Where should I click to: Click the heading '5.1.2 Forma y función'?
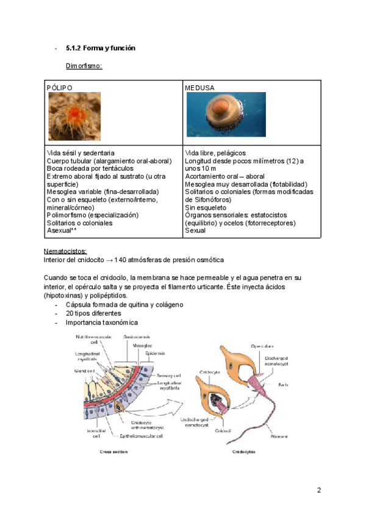pyautogui.click(x=100, y=48)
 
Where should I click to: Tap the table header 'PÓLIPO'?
pyautogui.click(x=60, y=88)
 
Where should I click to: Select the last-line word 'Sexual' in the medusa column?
pyautogui.click(x=195, y=231)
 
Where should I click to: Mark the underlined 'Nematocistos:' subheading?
pyautogui.click(x=65, y=251)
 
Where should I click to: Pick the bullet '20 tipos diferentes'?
pyautogui.click(x=93, y=313)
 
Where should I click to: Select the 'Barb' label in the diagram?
pyautogui.click(x=299, y=385)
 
